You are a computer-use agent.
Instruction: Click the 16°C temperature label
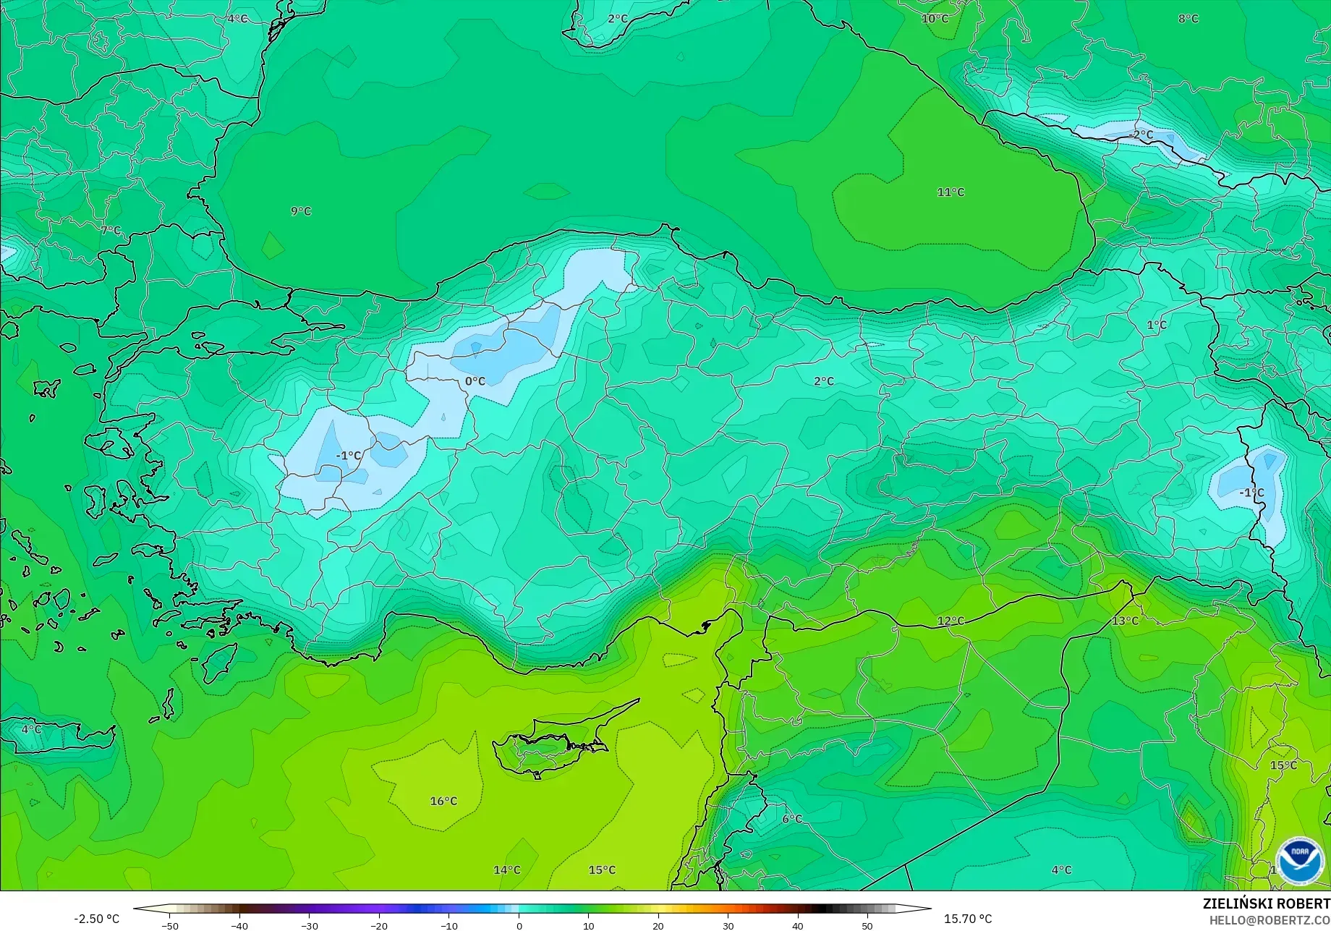click(x=443, y=801)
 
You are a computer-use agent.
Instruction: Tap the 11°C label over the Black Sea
click(x=951, y=192)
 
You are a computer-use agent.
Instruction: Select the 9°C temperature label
click(x=301, y=211)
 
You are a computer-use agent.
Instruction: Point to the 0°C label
click(x=475, y=381)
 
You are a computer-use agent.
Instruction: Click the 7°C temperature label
click(x=111, y=230)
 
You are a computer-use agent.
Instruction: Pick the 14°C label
click(x=506, y=870)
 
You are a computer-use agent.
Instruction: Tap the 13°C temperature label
click(x=1125, y=621)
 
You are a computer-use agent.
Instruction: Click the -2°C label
click(x=1141, y=135)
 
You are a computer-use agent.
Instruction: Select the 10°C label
click(x=935, y=18)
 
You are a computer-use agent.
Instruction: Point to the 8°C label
click(x=1188, y=18)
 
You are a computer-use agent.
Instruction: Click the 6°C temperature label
click(x=792, y=819)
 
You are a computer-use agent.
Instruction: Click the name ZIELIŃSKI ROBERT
click(x=1266, y=904)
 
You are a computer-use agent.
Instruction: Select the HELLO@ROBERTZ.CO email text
click(x=1270, y=919)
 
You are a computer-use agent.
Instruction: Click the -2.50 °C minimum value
click(x=96, y=919)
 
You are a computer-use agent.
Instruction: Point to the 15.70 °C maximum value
click(x=968, y=919)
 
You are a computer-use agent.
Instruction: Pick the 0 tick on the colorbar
click(x=519, y=925)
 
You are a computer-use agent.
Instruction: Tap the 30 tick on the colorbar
click(x=728, y=925)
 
